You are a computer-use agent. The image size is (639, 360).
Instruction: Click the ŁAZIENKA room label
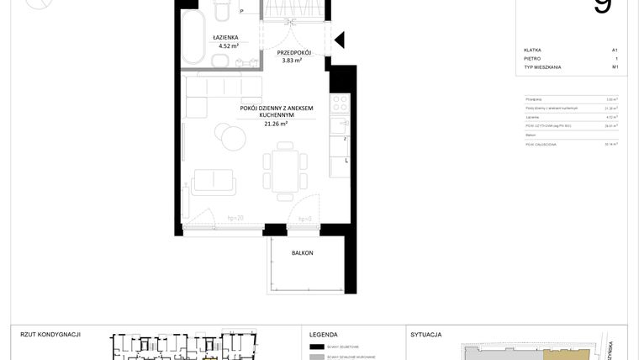226,37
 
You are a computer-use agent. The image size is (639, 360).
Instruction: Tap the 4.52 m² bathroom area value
228,46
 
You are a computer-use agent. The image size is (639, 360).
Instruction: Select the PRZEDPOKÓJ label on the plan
294,52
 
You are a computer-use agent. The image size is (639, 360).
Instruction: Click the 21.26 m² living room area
276,124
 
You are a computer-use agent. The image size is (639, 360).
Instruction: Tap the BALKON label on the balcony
303,252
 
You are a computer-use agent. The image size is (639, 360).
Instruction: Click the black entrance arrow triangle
340,40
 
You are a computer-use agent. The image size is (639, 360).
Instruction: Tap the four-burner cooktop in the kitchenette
340,105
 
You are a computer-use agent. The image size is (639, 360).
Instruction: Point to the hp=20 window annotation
235,218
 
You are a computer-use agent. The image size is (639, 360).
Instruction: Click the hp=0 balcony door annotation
304,218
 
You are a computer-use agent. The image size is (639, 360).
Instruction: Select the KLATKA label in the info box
532,50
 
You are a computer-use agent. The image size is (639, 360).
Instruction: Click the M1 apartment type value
615,66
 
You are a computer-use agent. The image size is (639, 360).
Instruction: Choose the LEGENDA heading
324,334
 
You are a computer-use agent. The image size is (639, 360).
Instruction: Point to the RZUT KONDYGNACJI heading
50,334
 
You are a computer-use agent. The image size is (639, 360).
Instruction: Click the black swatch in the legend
317,347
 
